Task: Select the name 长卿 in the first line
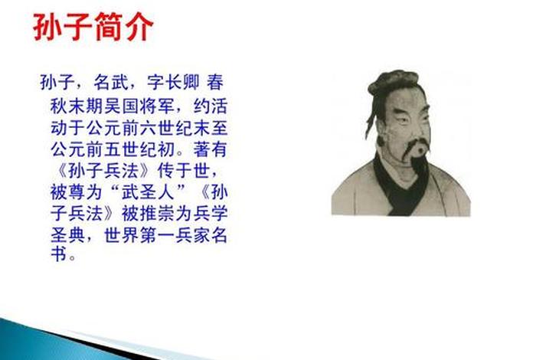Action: [188, 81]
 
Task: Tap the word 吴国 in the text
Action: [120, 103]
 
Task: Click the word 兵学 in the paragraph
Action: [211, 211]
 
